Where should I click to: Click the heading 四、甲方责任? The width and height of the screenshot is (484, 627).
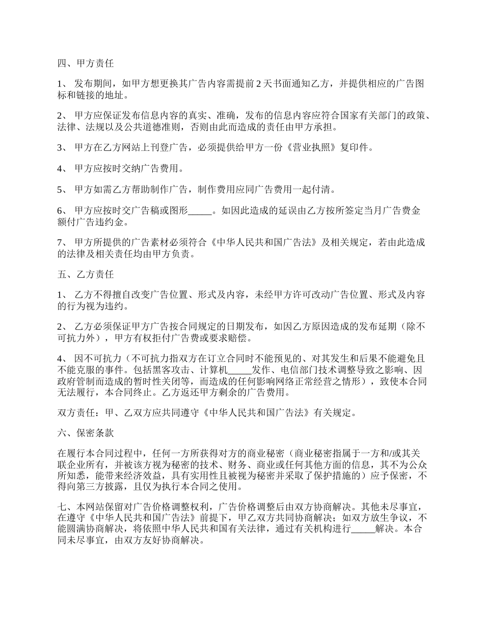(x=85, y=64)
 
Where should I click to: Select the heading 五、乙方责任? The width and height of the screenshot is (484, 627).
(x=85, y=275)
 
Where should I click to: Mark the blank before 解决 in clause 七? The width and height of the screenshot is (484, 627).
(x=363, y=529)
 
